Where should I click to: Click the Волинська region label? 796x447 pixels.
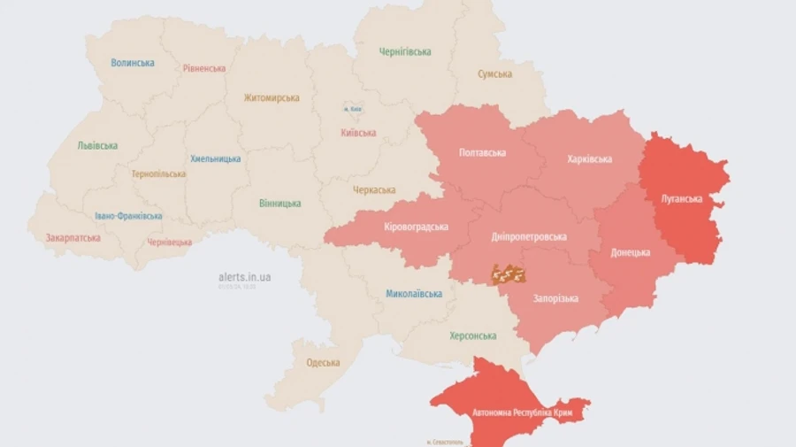(x=133, y=63)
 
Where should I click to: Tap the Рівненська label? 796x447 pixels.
(x=205, y=68)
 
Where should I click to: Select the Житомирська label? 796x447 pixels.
(x=272, y=98)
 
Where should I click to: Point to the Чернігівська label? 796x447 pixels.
(x=405, y=51)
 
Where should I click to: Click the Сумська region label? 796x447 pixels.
(x=494, y=74)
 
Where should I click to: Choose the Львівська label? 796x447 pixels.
(x=97, y=145)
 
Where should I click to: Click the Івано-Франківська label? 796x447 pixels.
(x=128, y=216)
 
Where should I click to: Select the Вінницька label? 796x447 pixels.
(x=279, y=204)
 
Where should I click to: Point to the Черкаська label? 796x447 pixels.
(x=374, y=190)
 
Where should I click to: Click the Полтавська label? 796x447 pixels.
(x=482, y=153)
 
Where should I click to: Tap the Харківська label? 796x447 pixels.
(x=589, y=159)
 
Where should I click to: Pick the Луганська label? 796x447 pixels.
(x=681, y=199)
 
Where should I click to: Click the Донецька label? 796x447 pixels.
(x=631, y=252)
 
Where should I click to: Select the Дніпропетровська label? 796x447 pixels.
(x=529, y=237)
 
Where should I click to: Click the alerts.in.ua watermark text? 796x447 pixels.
(x=244, y=277)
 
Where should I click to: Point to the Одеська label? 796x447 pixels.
(x=323, y=363)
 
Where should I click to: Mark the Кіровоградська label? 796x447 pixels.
(x=416, y=227)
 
